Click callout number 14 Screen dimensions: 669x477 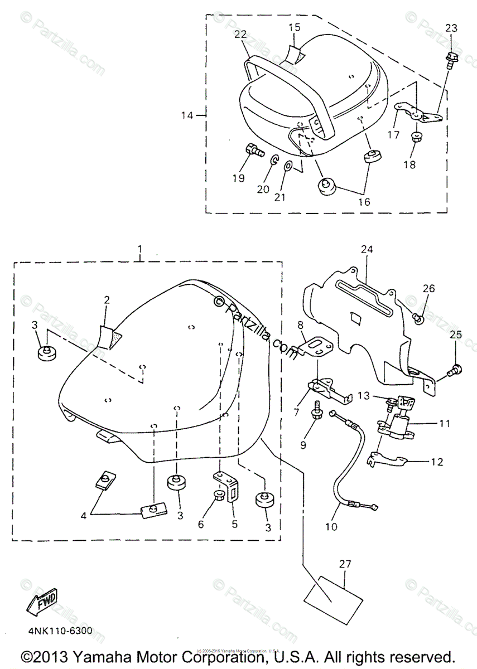[x=187, y=115]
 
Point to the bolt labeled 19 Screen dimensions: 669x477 [x=253, y=150]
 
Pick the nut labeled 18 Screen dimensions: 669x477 [x=416, y=137]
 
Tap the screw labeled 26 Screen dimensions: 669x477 [x=419, y=318]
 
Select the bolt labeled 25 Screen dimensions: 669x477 [x=456, y=369]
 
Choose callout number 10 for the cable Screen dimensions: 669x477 [x=331, y=526]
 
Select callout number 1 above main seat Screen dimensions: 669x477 [x=139, y=248]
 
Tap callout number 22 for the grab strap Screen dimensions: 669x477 [x=240, y=34]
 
